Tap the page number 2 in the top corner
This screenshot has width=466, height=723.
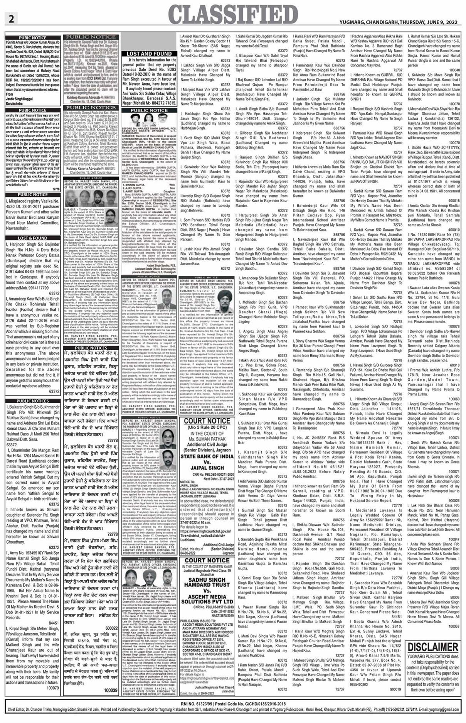pyautogui.click(x=11, y=18)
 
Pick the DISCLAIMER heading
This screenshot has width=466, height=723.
pyautogui.click(x=433, y=647)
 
